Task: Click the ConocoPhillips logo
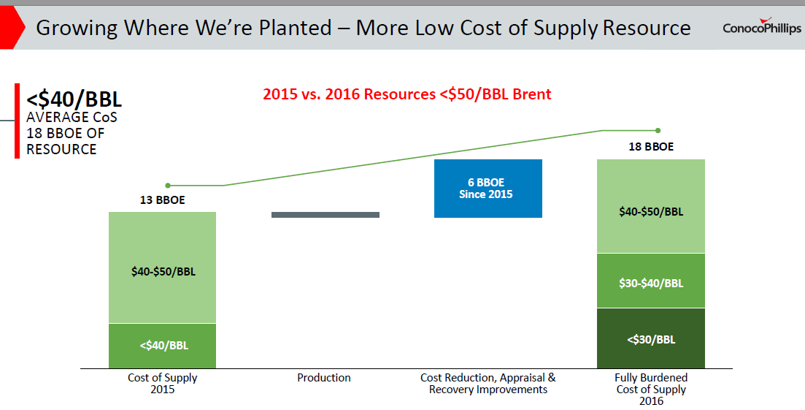click(x=761, y=27)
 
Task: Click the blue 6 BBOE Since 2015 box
click(x=488, y=188)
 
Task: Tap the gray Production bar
click(x=326, y=215)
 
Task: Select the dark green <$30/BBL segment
click(x=651, y=338)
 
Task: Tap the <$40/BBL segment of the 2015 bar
click(x=162, y=346)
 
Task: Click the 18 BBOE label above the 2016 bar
click(x=651, y=147)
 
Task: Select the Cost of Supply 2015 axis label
click(x=162, y=384)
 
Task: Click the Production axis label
click(x=324, y=378)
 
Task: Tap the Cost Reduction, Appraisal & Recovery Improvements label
click(x=488, y=384)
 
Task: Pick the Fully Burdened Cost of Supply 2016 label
click(x=651, y=389)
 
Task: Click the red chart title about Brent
click(x=407, y=94)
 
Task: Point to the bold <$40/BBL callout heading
click(x=74, y=99)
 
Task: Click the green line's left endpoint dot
click(x=168, y=186)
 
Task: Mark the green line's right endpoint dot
click(x=658, y=131)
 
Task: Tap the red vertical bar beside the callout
click(x=17, y=121)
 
